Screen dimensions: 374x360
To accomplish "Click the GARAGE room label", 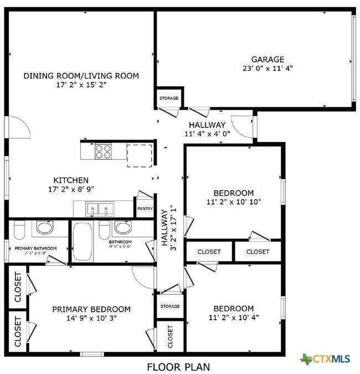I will click(268, 59).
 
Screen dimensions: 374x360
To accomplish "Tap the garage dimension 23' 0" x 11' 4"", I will click(268, 69).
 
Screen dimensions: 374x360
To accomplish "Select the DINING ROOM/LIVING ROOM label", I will click(81, 75).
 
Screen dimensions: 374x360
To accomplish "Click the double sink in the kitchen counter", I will click(100, 209).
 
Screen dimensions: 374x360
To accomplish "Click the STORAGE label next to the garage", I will click(169, 99).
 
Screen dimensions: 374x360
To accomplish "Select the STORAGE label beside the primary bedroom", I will click(169, 306).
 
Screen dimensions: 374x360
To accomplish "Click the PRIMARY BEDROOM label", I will click(91, 309).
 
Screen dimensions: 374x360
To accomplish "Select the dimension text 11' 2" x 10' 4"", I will click(234, 318).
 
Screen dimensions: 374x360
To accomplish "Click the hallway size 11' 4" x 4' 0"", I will click(207, 134).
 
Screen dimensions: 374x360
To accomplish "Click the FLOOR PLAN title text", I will click(178, 366).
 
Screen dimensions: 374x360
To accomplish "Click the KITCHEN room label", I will click(70, 181).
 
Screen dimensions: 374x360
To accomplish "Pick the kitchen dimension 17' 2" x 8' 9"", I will click(70, 190).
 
